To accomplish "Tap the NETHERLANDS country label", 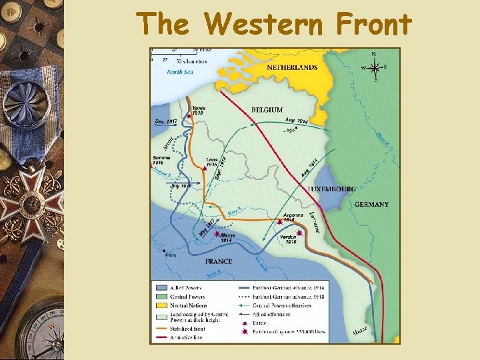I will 292,67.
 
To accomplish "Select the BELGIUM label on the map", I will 267,109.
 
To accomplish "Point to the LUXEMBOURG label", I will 331,189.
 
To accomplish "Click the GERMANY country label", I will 371,204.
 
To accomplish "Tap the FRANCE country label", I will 218,261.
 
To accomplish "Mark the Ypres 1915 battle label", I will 198,111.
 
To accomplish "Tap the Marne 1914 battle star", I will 216,234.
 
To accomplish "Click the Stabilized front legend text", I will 188,329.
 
